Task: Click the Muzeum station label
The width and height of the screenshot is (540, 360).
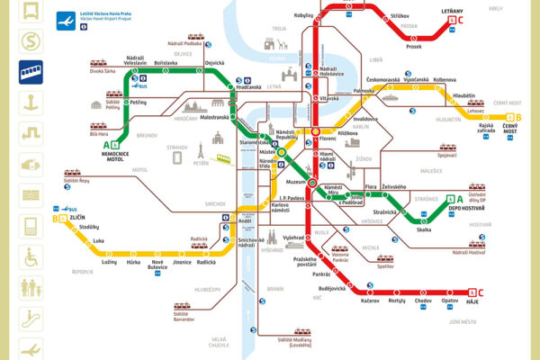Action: click(x=295, y=181)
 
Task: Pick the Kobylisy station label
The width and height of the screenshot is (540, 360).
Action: click(x=304, y=15)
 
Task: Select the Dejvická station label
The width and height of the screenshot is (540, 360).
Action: click(x=214, y=63)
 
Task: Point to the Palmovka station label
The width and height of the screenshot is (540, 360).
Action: click(x=364, y=91)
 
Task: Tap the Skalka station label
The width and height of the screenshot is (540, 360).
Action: click(x=424, y=229)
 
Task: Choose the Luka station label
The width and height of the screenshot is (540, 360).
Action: click(x=99, y=241)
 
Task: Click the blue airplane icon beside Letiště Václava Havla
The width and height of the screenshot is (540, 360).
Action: click(x=66, y=17)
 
